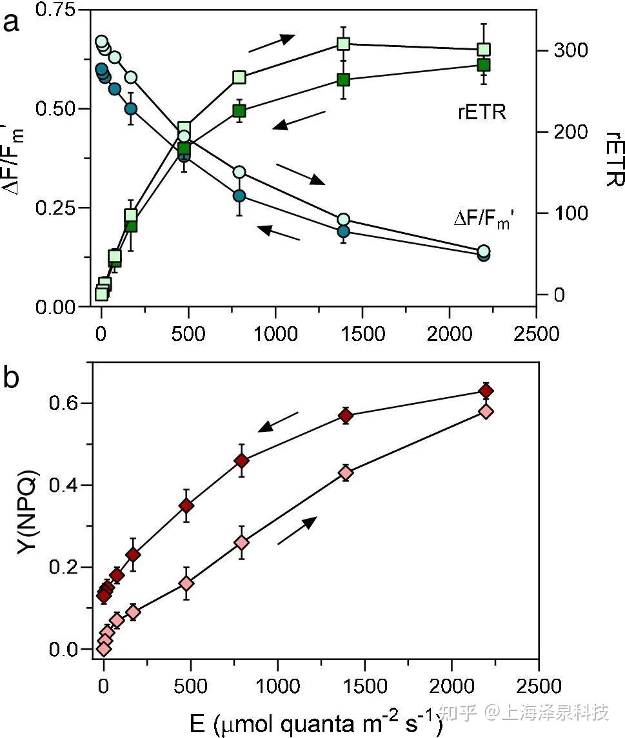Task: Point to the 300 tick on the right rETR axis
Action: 566,50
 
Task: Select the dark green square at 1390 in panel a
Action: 343,80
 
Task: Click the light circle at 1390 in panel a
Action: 343,220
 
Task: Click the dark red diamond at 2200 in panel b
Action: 486,391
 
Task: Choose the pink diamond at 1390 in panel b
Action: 346,472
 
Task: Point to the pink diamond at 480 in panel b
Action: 186,583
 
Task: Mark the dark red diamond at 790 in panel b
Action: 242,461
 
